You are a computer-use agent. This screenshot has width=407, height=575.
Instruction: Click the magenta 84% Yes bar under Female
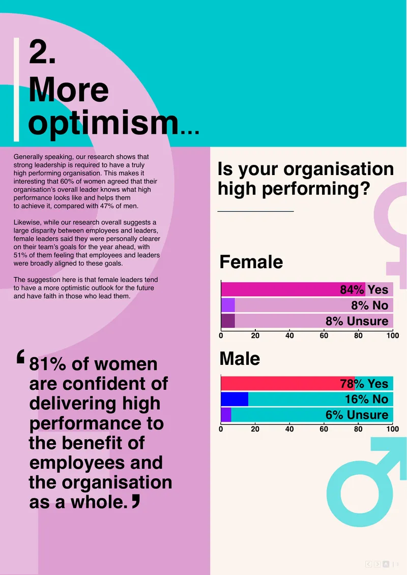(293, 290)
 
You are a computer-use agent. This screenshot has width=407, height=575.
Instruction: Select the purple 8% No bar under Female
(228, 305)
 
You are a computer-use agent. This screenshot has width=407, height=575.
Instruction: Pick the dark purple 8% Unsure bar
(228, 321)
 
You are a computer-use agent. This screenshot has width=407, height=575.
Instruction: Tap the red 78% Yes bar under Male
(288, 383)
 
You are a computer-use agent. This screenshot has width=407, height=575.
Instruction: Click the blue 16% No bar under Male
(235, 399)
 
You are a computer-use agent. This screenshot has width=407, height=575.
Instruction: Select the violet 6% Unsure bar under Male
(226, 415)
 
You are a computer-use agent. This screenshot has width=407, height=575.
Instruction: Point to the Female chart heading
(251, 262)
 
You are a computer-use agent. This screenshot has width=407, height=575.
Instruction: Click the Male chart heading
(240, 358)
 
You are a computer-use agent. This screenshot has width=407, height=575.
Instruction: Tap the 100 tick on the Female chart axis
(393, 335)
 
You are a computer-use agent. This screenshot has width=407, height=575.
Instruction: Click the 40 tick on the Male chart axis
(289, 428)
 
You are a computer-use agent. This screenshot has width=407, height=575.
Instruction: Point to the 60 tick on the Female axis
(324, 335)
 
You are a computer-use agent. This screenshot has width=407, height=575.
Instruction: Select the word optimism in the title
(103, 123)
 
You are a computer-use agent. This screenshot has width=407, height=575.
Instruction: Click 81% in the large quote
(48, 364)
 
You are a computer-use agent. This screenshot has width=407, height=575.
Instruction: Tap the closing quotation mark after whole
(136, 501)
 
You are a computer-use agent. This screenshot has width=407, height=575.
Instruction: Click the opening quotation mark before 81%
(20, 356)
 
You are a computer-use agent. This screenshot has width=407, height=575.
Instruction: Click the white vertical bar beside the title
(16, 90)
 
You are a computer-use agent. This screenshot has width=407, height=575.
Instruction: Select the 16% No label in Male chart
(366, 399)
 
